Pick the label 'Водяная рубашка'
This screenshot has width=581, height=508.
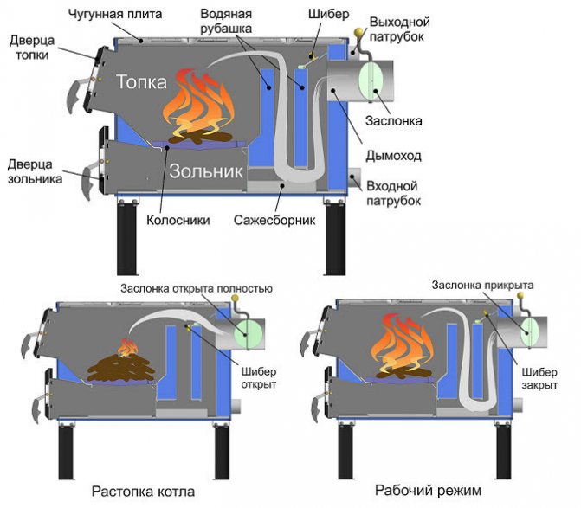(228, 23)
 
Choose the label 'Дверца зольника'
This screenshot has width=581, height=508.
(34, 170)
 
